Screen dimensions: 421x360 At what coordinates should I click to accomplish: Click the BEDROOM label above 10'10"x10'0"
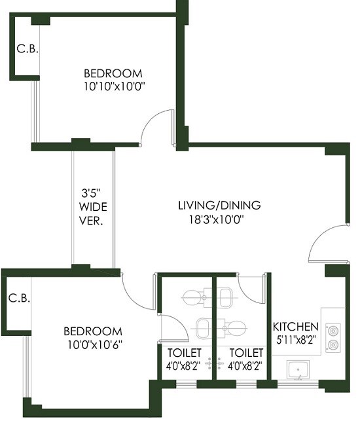coord(113,73)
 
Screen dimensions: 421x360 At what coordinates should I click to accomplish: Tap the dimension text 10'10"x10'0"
coord(113,86)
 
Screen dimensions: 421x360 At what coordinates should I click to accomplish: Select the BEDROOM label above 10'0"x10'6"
coord(92,331)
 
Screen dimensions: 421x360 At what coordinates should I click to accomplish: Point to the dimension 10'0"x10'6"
coord(92,344)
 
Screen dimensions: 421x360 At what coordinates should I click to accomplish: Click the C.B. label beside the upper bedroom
coord(27,48)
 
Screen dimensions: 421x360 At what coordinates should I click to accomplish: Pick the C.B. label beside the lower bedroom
coord(18,299)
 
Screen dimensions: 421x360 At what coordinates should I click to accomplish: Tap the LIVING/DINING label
coord(219,205)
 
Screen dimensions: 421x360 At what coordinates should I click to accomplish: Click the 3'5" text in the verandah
coord(91,193)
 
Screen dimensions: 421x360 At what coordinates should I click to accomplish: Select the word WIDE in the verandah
coord(92,207)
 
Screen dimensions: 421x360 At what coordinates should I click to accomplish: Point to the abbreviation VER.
coord(92,221)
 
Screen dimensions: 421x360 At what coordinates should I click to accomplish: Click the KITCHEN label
coord(295,327)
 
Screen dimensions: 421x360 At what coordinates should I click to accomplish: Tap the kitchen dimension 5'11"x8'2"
coord(295,339)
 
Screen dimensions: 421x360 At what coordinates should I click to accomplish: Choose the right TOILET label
coord(245,353)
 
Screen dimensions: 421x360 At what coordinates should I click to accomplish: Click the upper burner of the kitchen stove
coord(333,329)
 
